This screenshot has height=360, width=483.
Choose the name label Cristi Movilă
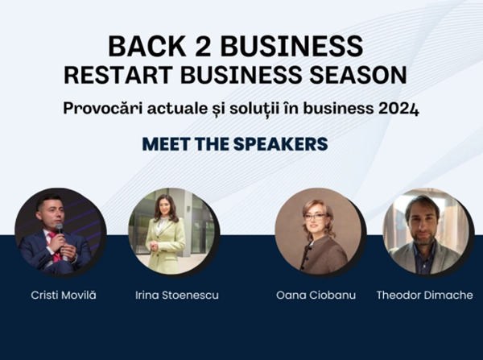click(x=60, y=296)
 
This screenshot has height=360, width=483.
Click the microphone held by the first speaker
click(x=60, y=230)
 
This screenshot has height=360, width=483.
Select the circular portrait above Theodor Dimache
click(x=425, y=232)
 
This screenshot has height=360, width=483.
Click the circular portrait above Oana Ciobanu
click(x=317, y=232)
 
